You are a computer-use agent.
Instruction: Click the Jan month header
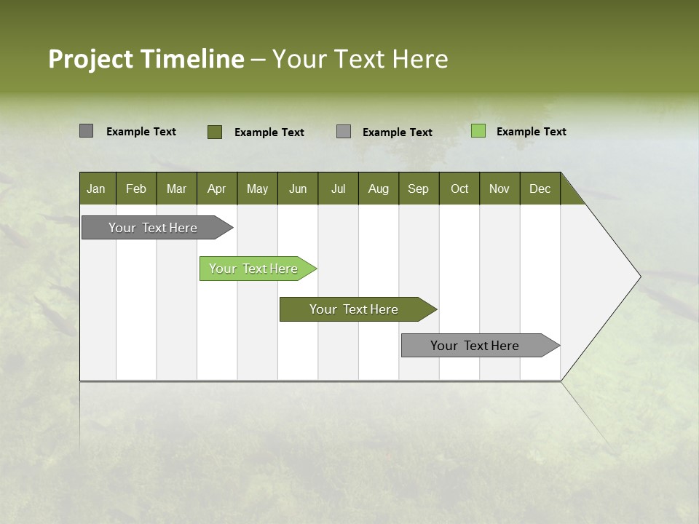coord(97,188)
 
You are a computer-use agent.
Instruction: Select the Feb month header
coord(136,188)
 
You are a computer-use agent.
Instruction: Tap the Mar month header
coord(176,188)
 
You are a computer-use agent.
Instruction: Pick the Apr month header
coord(217,188)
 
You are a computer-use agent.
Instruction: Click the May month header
coord(257,188)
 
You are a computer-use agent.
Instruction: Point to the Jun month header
coord(298,188)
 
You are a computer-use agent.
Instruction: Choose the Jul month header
coord(338,188)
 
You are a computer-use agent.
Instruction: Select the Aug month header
coord(379,188)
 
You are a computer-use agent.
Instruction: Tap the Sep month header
coord(419,188)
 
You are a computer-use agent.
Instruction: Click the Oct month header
coord(459,188)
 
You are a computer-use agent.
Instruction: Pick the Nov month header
coord(499,188)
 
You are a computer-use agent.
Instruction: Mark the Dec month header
coord(540,188)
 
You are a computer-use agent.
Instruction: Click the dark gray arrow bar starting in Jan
coord(154,228)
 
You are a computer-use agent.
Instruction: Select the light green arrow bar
coord(254,269)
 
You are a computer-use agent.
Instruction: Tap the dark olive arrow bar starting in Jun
coord(355,309)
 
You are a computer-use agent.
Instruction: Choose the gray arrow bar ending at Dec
coord(475,346)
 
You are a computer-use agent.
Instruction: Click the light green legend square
coord(478,131)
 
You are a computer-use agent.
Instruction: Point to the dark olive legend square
coord(215,132)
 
